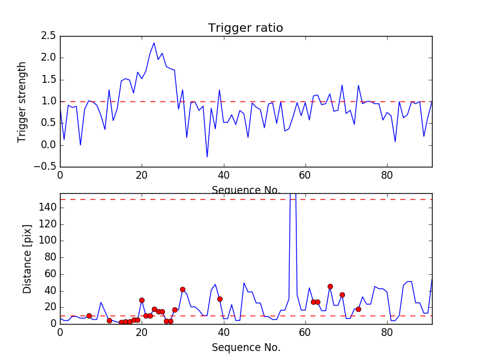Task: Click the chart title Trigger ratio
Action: point(245,28)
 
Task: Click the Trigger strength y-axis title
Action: point(22,101)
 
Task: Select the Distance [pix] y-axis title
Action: point(27,258)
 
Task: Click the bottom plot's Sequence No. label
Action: point(245,347)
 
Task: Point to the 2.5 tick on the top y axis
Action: point(49,36)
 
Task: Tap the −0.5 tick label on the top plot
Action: point(47,167)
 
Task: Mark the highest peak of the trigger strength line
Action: point(154,43)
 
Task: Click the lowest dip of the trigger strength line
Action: point(207,157)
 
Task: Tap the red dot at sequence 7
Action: point(89,316)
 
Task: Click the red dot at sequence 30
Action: point(182,289)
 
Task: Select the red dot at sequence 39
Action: point(220,299)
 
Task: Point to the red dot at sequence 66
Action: point(330,286)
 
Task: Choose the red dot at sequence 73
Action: point(358,309)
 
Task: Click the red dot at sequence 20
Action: point(142,300)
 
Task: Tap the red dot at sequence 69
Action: point(342,295)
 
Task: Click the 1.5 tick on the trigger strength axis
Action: point(49,80)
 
